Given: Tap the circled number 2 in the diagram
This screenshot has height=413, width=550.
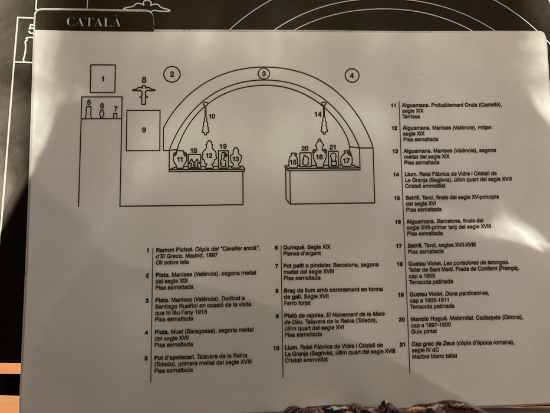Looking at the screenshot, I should (x=172, y=74).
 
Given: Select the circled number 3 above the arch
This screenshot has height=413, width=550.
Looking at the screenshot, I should (x=264, y=74).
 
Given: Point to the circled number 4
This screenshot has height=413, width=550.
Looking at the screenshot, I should (x=352, y=75).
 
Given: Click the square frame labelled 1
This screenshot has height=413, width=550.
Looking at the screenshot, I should (x=103, y=78).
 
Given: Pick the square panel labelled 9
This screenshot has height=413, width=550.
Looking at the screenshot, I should (x=143, y=130).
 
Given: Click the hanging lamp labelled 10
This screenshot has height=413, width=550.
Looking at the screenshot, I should (x=206, y=121).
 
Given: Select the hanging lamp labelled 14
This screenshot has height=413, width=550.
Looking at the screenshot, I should (x=324, y=120).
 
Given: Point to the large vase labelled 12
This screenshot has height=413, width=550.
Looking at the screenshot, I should (x=209, y=155).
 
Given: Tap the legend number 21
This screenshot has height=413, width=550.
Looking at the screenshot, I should (x=401, y=343).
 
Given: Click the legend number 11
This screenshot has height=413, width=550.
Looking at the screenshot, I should (x=394, y=105).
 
